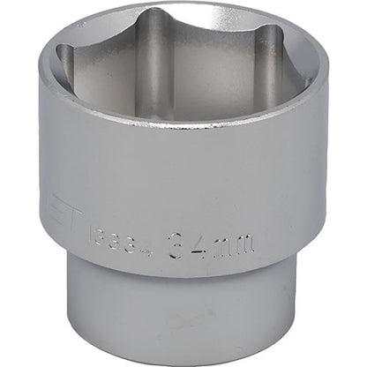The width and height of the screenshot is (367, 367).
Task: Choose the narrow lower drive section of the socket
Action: [185, 318]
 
